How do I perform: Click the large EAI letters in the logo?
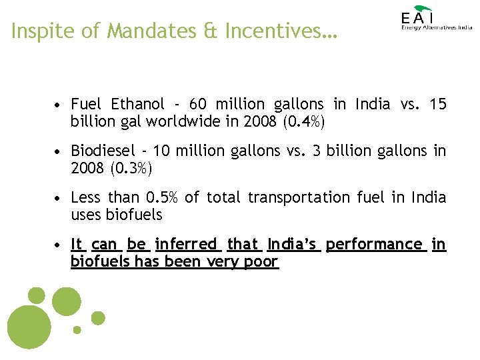417,18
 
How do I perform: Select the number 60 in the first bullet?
198,105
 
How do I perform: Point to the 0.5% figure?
161,198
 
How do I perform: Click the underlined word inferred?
187,245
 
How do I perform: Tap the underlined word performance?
375,245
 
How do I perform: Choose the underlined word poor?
261,262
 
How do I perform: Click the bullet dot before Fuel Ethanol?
60,105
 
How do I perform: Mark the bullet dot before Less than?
60,199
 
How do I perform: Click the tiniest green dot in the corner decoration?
77,329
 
